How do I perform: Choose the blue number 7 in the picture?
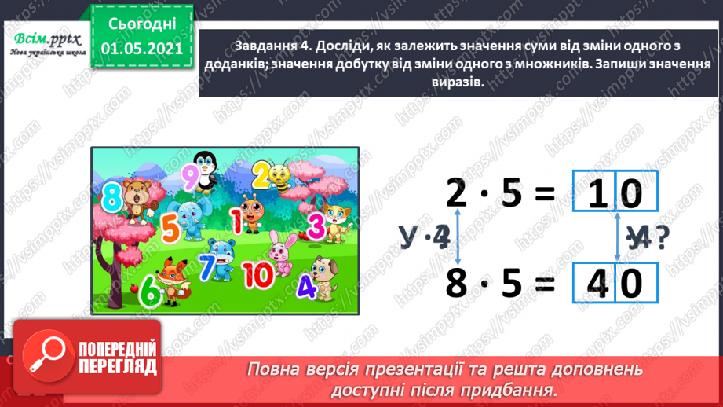tap(206, 266)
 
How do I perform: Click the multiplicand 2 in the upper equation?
tap(455, 192)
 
